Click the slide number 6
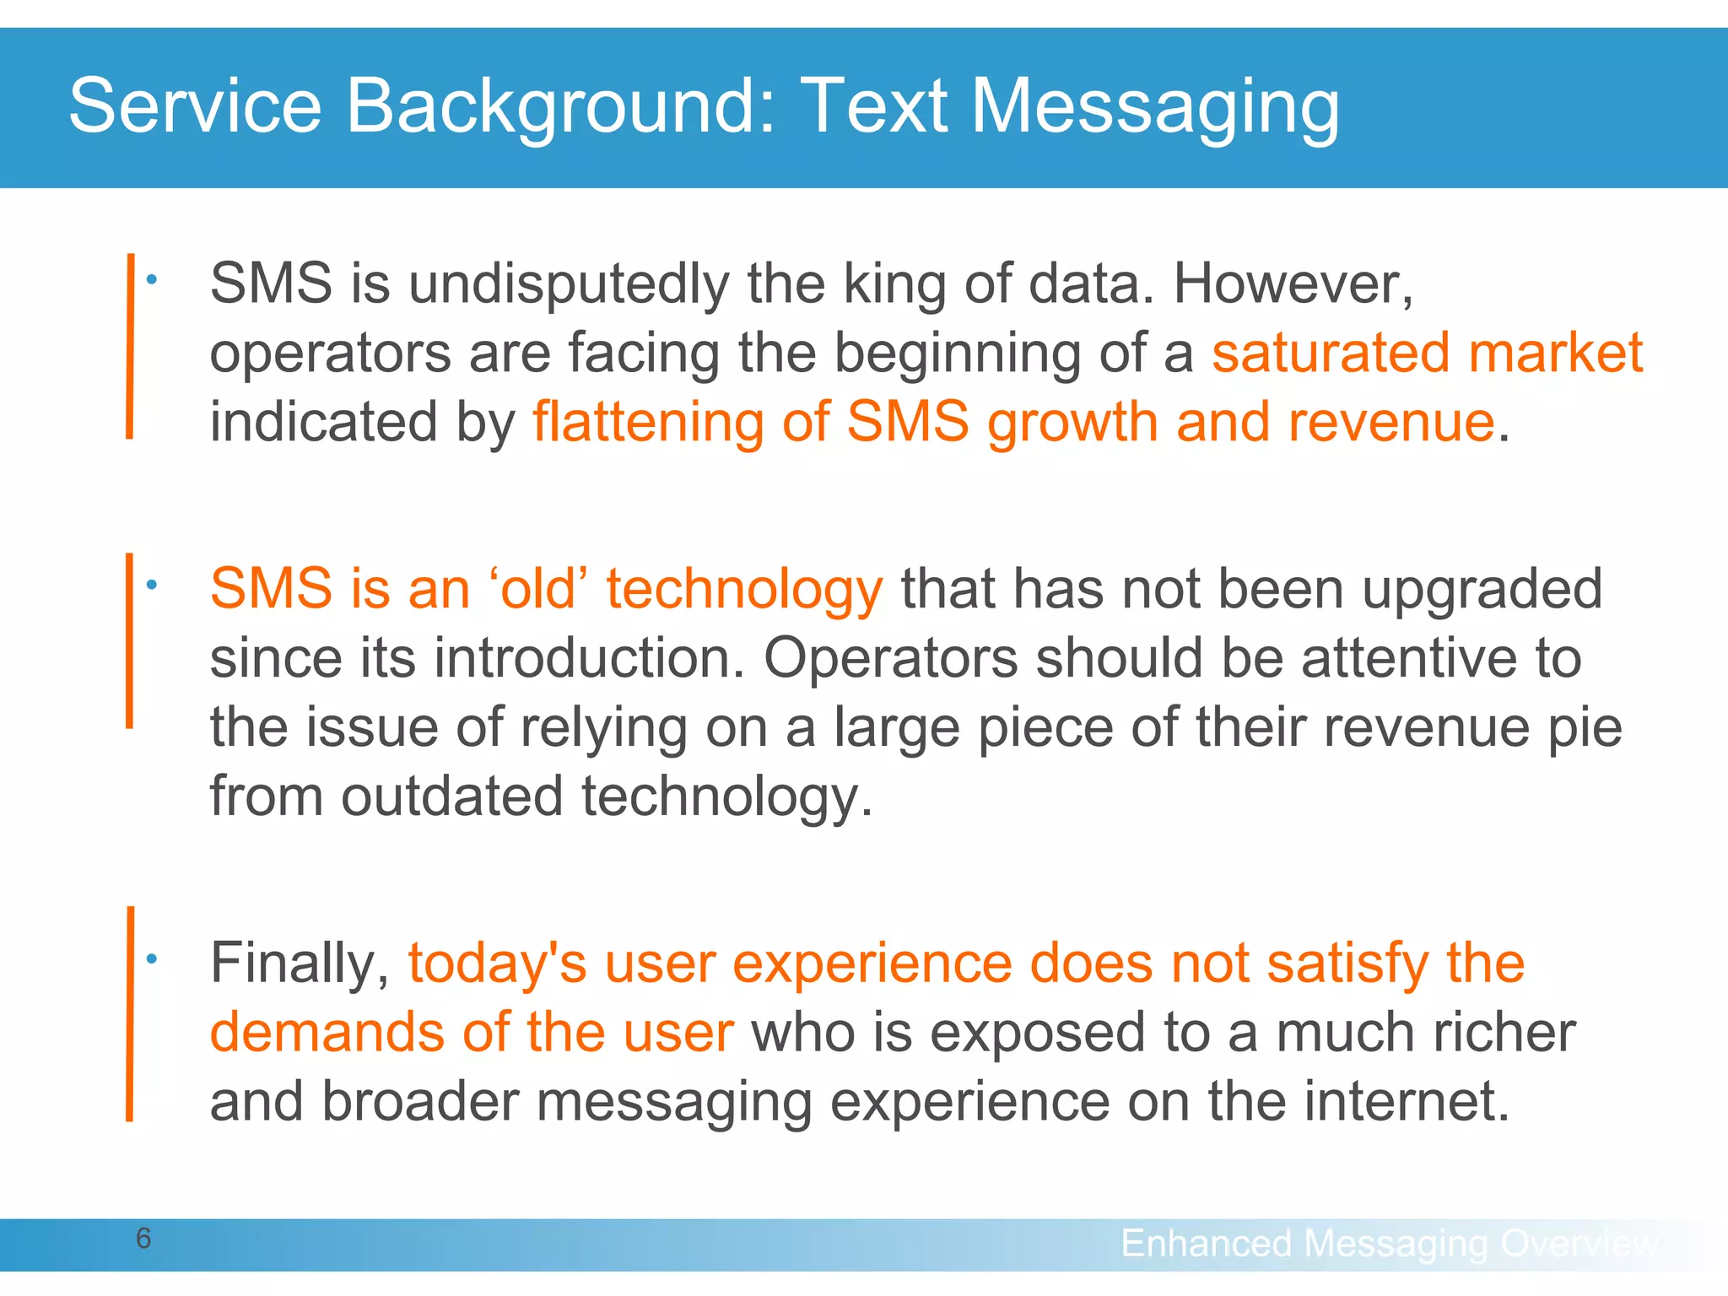tap(143, 1239)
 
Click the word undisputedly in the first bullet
tap(569, 283)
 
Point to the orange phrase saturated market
tap(1427, 352)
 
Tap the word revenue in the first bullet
tap(1391, 421)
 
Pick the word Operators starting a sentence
tap(891, 657)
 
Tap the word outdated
tap(451, 796)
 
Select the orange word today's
tap(497, 963)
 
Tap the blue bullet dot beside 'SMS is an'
tap(151, 584)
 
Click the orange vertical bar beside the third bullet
tap(130, 1012)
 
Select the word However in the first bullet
tap(1291, 283)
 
